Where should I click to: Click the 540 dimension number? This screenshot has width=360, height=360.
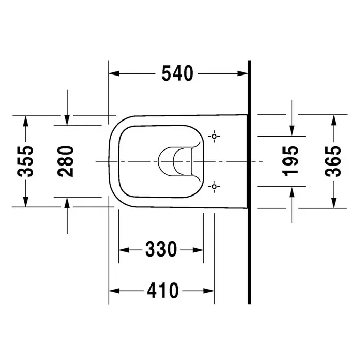(x=177, y=73)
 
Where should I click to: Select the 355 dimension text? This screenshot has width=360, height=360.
(x=25, y=161)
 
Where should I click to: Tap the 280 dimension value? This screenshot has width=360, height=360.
(x=66, y=161)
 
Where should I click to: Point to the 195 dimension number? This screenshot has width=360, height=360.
(x=291, y=161)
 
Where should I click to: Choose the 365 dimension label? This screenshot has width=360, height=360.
(x=334, y=161)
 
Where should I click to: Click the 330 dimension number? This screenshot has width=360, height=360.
(x=161, y=249)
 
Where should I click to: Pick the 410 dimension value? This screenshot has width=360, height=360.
(x=162, y=291)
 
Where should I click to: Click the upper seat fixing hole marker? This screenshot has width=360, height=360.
(x=214, y=137)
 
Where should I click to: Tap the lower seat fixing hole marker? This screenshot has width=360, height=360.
(x=214, y=186)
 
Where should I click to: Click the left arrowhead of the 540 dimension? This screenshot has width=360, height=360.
(x=114, y=73)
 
